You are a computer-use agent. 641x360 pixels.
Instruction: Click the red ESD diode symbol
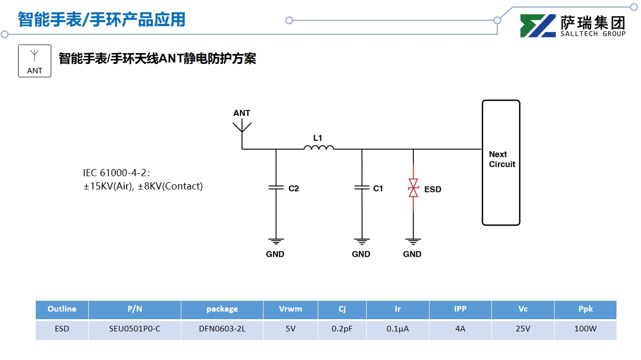(x=413, y=188)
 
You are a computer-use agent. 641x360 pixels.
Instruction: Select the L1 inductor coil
(x=319, y=148)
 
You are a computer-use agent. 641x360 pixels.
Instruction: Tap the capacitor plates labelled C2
(x=276, y=188)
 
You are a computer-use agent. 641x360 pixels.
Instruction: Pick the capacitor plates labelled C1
(x=362, y=188)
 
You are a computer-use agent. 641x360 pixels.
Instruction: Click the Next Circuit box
(x=501, y=162)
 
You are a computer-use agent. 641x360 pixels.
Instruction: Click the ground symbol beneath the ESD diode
(x=413, y=241)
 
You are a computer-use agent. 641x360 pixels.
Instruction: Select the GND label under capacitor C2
(x=275, y=254)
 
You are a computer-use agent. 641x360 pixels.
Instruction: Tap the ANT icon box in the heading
(x=35, y=61)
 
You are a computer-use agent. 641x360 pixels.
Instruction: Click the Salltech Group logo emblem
(x=538, y=26)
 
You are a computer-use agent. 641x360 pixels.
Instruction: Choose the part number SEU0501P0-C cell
(x=135, y=329)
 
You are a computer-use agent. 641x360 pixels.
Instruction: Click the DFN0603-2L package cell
(x=222, y=329)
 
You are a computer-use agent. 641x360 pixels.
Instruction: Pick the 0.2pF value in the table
(x=342, y=329)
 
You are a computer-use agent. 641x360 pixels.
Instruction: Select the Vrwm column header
(x=291, y=309)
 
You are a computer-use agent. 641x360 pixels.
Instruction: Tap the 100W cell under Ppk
(x=585, y=329)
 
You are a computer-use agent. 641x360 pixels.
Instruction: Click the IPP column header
(x=460, y=309)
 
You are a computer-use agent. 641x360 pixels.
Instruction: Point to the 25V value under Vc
(x=523, y=329)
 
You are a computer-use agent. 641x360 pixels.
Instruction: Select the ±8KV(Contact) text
(x=171, y=186)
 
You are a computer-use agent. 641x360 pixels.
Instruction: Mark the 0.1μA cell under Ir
(x=398, y=329)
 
